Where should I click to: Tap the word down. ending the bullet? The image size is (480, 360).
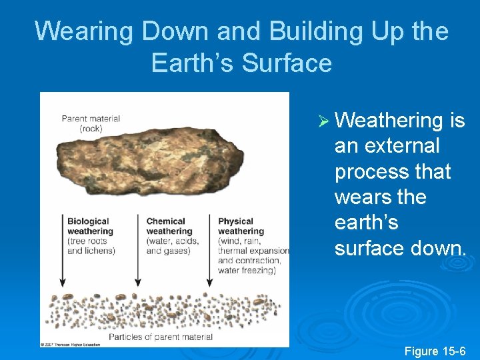point(434,248)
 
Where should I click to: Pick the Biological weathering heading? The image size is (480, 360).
point(90,227)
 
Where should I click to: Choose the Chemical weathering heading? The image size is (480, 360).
point(169,227)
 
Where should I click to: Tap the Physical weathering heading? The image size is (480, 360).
point(241,227)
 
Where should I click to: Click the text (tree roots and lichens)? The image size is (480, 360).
point(91,246)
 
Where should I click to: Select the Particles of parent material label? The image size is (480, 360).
point(161,337)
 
